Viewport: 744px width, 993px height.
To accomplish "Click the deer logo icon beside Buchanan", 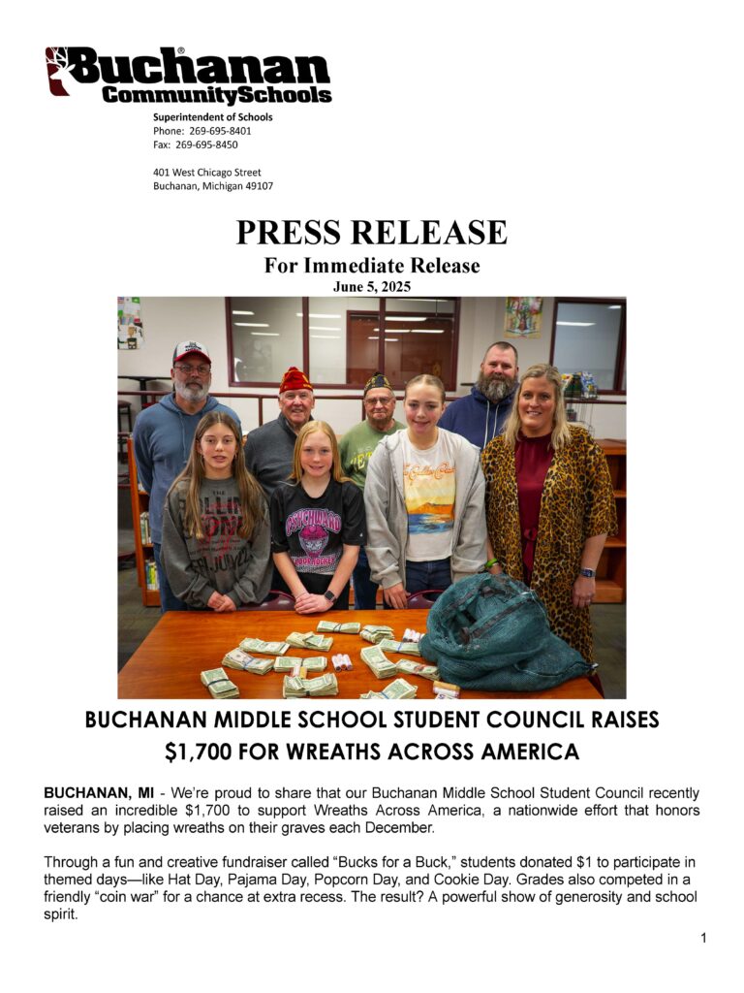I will tap(57, 71).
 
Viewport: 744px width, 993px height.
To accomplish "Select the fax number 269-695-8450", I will tap(206, 144).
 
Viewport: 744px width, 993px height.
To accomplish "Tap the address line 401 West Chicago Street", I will tap(206, 173).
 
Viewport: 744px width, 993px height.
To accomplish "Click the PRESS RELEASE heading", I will tap(371, 233).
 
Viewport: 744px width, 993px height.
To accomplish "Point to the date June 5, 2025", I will tap(371, 286).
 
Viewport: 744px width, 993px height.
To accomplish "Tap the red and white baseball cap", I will tap(192, 352).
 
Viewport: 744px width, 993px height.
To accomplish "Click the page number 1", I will tap(703, 938).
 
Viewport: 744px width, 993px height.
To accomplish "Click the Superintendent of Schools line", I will tap(212, 117).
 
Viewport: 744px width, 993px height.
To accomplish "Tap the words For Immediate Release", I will tap(371, 265).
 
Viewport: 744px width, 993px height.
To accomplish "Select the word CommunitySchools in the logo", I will tap(217, 95).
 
